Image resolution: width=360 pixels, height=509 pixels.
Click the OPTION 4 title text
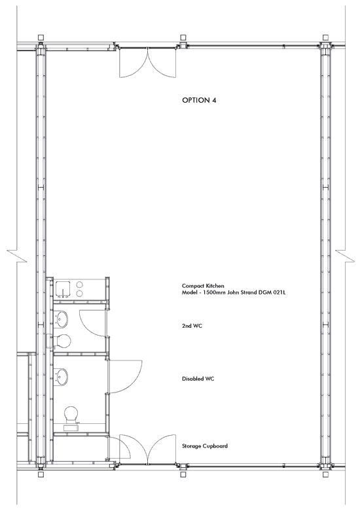point(199,100)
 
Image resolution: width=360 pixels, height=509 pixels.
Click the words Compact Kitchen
point(203,286)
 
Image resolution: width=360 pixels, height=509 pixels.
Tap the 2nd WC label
point(192,326)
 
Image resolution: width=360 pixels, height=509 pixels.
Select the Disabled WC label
point(198,379)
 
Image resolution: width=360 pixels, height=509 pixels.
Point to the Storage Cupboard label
point(205,446)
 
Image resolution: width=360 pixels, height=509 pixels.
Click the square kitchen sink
point(63,289)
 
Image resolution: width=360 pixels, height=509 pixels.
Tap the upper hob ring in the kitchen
point(80,285)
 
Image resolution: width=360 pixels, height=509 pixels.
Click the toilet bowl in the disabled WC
point(71,413)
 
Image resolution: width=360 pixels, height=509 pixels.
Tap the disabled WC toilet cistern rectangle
point(71,427)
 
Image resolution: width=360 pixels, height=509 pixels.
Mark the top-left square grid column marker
point(41,37)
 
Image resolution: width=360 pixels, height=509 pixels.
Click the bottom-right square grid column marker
point(325,474)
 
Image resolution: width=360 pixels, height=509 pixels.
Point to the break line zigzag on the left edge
point(17,256)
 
